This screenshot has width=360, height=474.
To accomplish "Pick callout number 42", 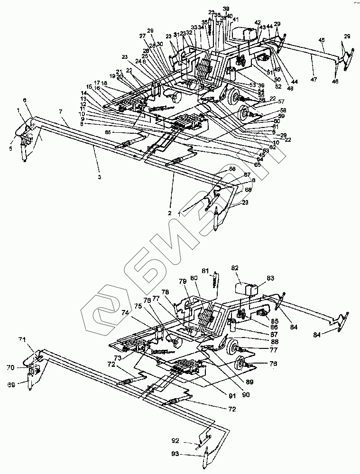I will (x=257, y=22).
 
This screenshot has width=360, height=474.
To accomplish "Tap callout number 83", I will (x=271, y=278).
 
